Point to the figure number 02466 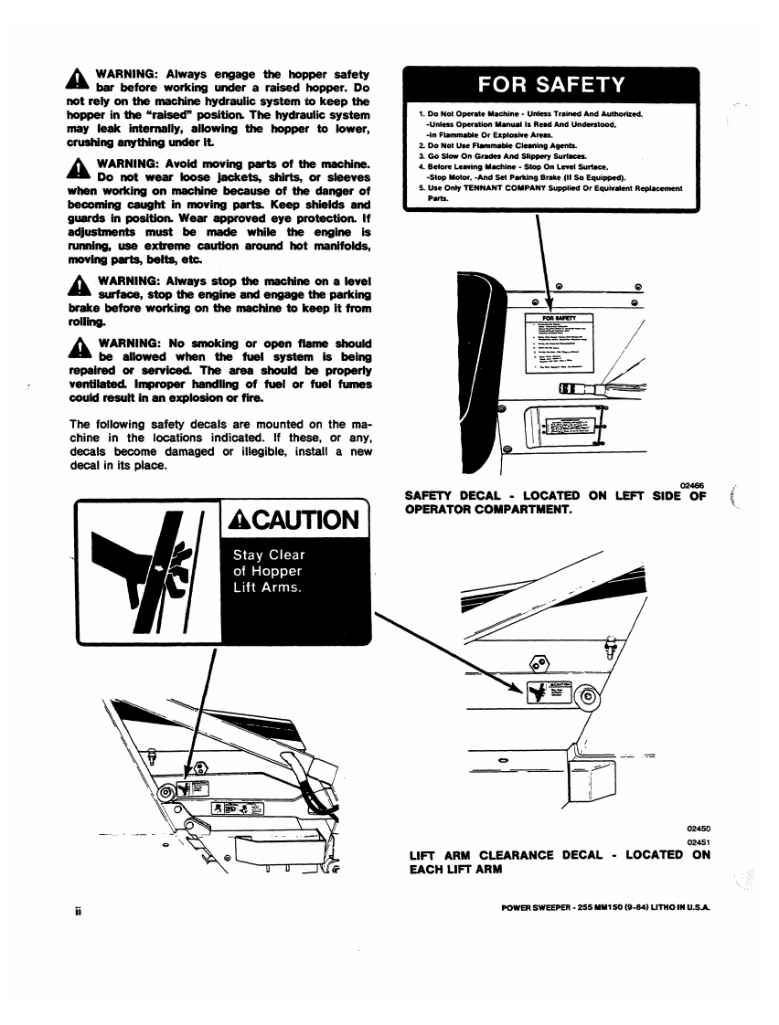[692, 486]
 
